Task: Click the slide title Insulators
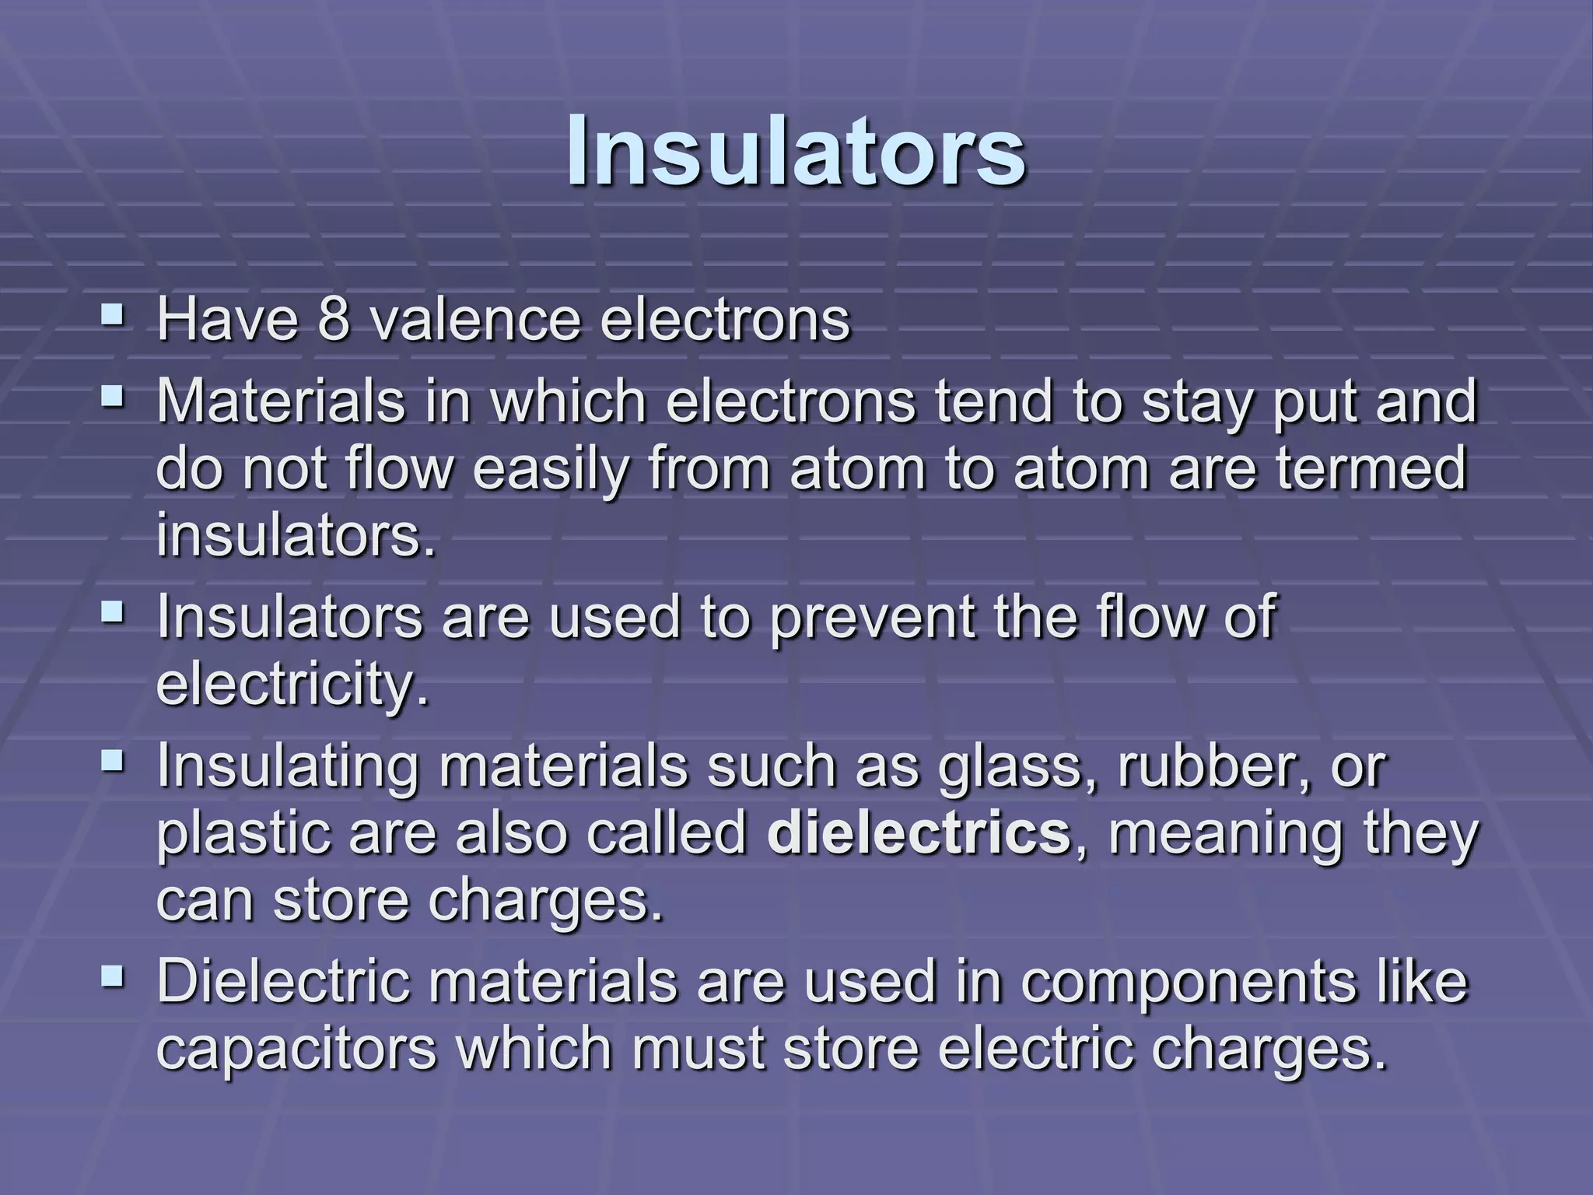click(x=796, y=151)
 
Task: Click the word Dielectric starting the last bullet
click(x=283, y=982)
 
